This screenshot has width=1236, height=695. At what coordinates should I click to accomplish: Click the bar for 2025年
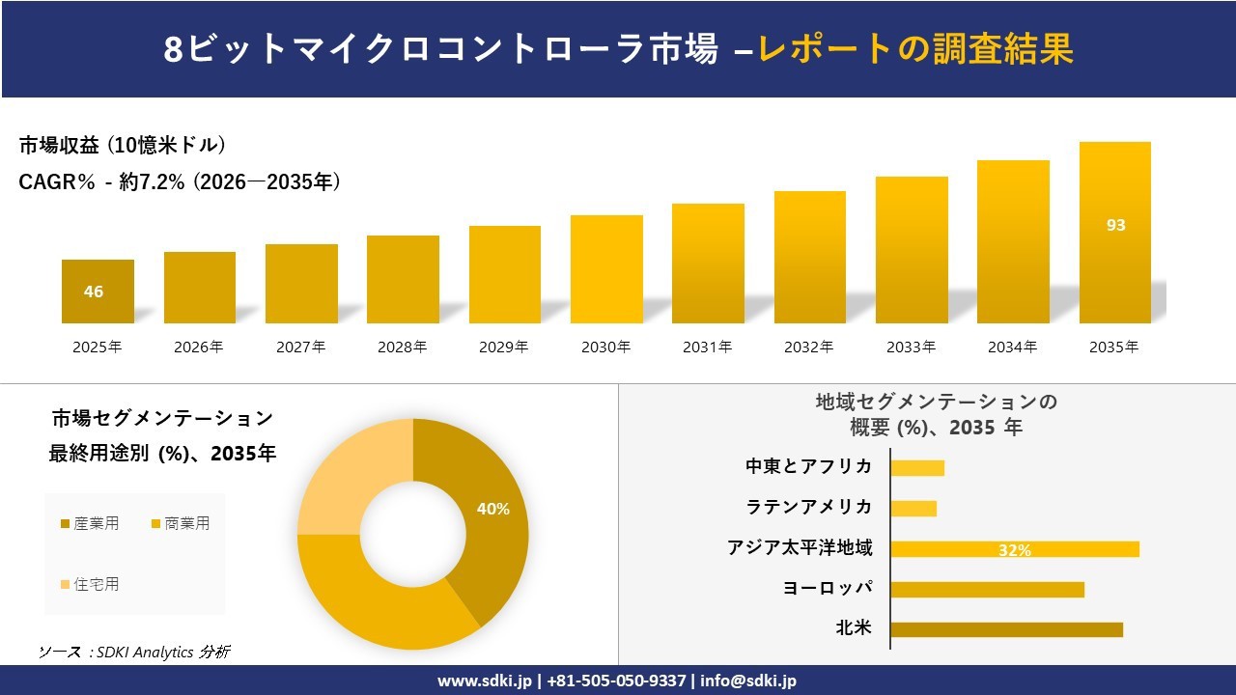click(x=98, y=292)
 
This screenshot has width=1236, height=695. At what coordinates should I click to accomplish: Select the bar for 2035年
click(x=1114, y=233)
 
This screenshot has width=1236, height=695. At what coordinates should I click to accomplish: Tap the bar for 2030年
click(x=606, y=269)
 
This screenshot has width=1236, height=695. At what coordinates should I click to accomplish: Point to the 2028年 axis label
click(x=402, y=347)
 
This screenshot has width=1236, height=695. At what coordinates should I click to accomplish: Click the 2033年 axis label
click(x=911, y=347)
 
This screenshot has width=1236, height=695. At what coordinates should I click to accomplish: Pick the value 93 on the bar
click(x=1115, y=225)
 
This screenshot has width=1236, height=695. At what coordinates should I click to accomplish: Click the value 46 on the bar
click(x=94, y=292)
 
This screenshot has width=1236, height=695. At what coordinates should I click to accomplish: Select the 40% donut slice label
click(x=492, y=509)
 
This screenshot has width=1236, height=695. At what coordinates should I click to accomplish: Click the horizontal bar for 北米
click(x=1006, y=629)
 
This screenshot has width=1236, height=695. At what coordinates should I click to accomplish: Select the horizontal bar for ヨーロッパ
click(x=987, y=589)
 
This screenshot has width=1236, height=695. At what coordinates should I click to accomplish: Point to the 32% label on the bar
click(x=1014, y=550)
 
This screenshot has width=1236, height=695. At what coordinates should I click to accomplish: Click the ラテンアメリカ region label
click(x=808, y=507)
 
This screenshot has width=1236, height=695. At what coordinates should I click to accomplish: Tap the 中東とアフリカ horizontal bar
click(x=917, y=468)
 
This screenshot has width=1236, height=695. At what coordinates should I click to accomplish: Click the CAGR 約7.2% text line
click(x=180, y=182)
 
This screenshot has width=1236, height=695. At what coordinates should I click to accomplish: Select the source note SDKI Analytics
click(x=134, y=653)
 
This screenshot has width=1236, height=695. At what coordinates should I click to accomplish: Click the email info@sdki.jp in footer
click(x=748, y=681)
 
